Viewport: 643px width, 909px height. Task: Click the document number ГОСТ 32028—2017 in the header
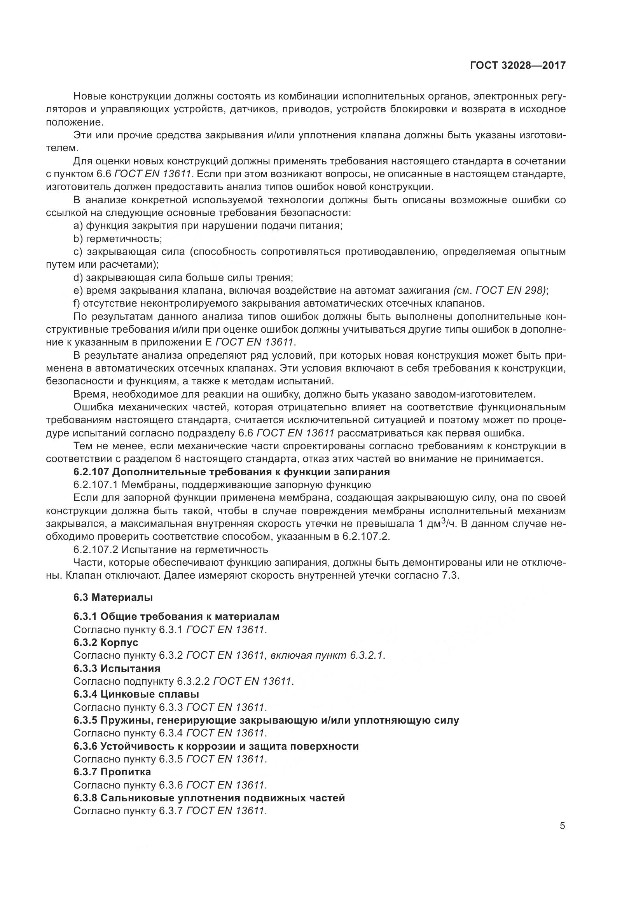coord(517,66)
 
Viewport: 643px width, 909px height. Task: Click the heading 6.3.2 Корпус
coord(106,642)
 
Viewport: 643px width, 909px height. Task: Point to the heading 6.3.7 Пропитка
coord(112,772)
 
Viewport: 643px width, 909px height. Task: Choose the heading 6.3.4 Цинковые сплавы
coord(136,694)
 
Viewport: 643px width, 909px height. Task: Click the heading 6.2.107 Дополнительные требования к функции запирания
coord(232,472)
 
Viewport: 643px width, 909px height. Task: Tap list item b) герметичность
coord(117,239)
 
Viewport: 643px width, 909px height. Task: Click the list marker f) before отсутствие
coord(77,304)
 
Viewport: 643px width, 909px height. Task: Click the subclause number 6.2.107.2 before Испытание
coord(96,550)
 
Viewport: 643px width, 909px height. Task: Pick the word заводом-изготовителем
coord(475,394)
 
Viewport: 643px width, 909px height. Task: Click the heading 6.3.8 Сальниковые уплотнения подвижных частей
coord(209,798)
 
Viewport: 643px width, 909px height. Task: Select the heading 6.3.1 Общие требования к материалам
coord(176,616)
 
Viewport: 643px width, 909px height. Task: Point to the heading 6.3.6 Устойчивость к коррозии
coord(216,746)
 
